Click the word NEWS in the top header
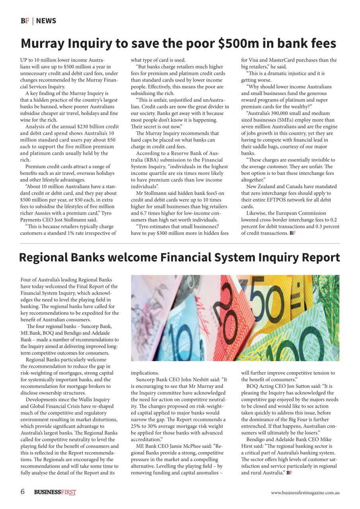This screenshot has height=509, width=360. click(x=46, y=21)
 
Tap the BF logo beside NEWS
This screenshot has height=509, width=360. click(x=25, y=21)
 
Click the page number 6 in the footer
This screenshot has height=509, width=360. click(x=23, y=492)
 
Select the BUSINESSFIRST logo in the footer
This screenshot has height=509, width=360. click(x=55, y=492)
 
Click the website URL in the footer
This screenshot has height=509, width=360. click(x=305, y=493)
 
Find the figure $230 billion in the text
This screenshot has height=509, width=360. click(x=88, y=126)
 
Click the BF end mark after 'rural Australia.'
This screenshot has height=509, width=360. click(x=289, y=473)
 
